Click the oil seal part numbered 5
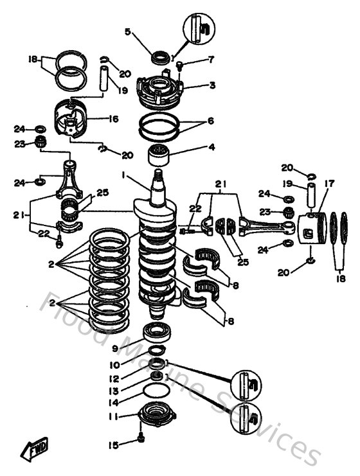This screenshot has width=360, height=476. coord(158,58)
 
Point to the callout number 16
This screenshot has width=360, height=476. coord(114,119)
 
